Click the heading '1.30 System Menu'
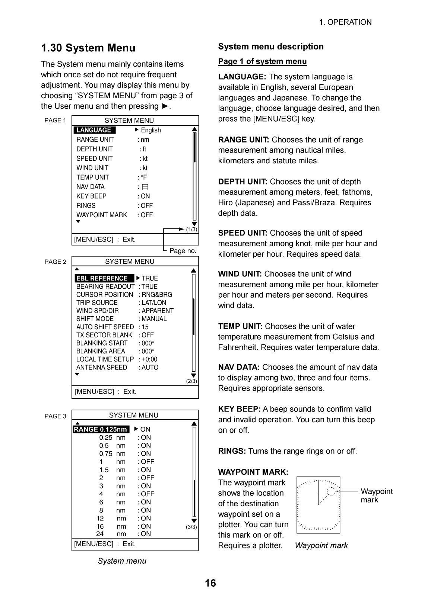(88, 48)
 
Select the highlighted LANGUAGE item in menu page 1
(94, 130)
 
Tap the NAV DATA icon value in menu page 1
(145, 187)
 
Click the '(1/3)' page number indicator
(191, 230)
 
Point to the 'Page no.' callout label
(183, 251)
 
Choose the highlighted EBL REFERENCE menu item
(102, 278)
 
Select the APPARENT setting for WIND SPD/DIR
(158, 311)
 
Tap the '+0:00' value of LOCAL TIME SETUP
(149, 359)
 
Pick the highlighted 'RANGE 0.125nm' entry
(101, 429)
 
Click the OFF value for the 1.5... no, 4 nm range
(147, 494)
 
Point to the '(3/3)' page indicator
(191, 527)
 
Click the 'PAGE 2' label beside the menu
(56, 262)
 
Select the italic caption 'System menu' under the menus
(122, 561)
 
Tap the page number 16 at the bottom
(210, 583)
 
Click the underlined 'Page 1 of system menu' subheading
(262, 62)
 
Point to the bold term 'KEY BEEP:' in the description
(239, 409)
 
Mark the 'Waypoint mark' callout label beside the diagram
(376, 496)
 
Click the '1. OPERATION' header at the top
(345, 22)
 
